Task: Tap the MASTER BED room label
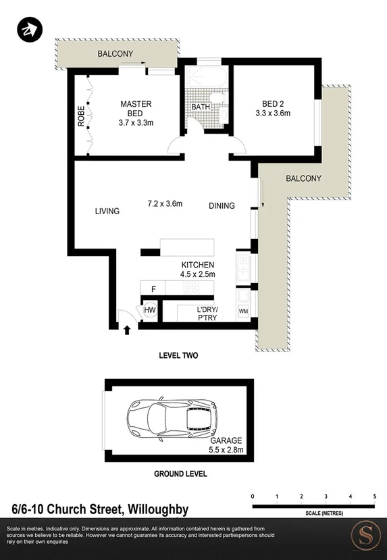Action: pyautogui.click(x=136, y=109)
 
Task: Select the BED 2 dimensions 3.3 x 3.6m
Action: pyautogui.click(x=276, y=113)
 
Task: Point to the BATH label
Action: pyautogui.click(x=201, y=107)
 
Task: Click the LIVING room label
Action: pyautogui.click(x=107, y=211)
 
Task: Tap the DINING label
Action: pyautogui.click(x=222, y=206)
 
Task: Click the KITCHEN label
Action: pyautogui.click(x=197, y=264)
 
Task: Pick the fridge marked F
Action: pyautogui.click(x=153, y=289)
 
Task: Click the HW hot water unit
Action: pyautogui.click(x=150, y=311)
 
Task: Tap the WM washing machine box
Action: pyautogui.click(x=243, y=312)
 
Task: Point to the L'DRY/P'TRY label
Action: pyautogui.click(x=207, y=313)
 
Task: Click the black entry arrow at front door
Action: pyautogui.click(x=127, y=330)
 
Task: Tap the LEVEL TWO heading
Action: pyautogui.click(x=178, y=355)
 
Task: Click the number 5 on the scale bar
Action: pyautogui.click(x=374, y=497)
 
